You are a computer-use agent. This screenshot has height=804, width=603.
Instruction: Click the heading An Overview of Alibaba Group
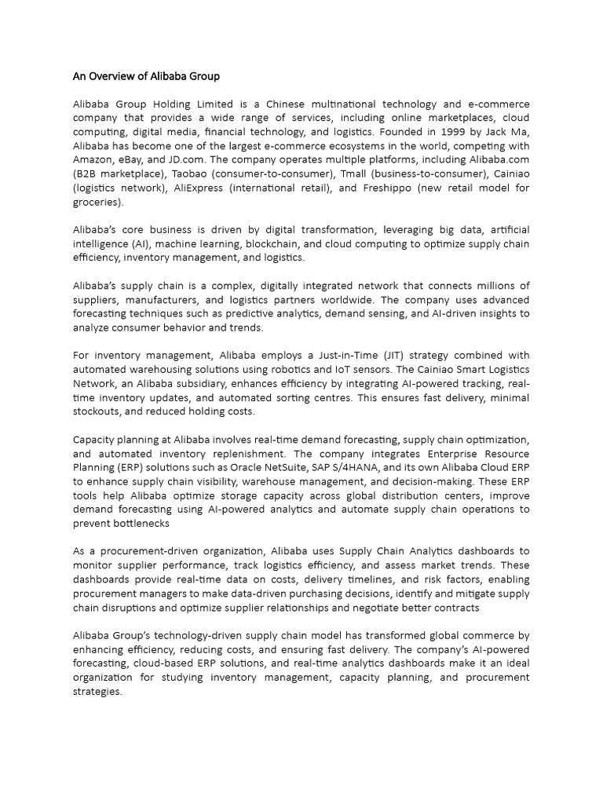tap(146, 76)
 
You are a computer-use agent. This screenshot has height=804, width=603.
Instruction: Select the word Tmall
tap(346, 174)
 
